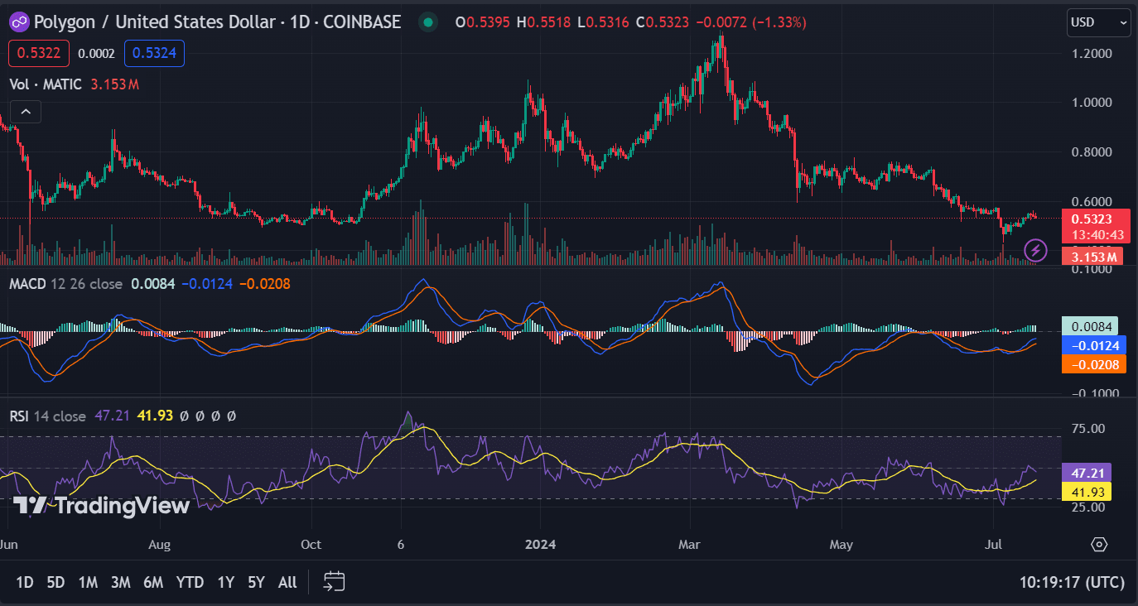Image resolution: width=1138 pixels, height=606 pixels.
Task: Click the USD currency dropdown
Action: click(1098, 22)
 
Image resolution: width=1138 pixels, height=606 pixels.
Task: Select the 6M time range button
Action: click(152, 582)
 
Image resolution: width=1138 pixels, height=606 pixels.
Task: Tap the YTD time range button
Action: click(190, 582)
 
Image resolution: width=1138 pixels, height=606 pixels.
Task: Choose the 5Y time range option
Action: click(256, 582)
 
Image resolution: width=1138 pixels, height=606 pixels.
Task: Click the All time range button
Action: click(287, 582)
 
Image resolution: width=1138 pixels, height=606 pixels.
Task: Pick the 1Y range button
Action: click(225, 582)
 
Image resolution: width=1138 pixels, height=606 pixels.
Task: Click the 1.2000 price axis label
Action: click(1092, 54)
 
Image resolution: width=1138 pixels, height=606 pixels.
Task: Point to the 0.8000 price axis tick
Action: click(1092, 152)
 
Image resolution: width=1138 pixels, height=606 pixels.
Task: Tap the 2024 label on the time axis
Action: click(539, 545)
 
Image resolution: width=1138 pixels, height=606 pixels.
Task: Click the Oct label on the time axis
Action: click(311, 545)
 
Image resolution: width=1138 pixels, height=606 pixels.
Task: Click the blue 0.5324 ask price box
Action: click(154, 53)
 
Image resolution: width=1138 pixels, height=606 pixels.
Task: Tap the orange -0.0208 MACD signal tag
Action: click(1093, 364)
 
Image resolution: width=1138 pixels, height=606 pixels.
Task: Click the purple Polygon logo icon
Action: click(18, 22)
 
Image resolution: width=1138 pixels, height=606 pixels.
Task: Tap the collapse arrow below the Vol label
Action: click(25, 112)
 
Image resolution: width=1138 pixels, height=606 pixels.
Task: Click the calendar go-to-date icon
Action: click(334, 582)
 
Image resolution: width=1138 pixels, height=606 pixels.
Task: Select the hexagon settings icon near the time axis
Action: click(1098, 544)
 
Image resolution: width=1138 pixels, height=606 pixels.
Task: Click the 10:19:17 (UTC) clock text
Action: click(1072, 582)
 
